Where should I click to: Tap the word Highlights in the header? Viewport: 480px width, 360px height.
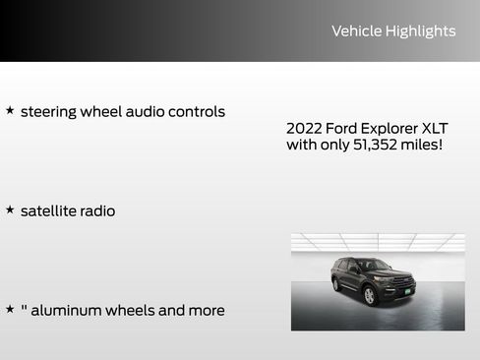click(x=420, y=31)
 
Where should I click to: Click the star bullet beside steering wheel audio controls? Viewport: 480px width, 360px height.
click(x=10, y=110)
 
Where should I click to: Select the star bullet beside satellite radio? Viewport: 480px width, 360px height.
click(x=10, y=210)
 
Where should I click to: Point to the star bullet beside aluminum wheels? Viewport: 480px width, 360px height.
click(x=10, y=309)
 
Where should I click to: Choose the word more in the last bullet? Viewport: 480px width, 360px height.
click(x=205, y=311)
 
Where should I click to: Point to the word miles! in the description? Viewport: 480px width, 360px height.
click(x=422, y=146)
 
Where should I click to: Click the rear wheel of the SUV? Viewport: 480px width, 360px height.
click(x=336, y=285)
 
